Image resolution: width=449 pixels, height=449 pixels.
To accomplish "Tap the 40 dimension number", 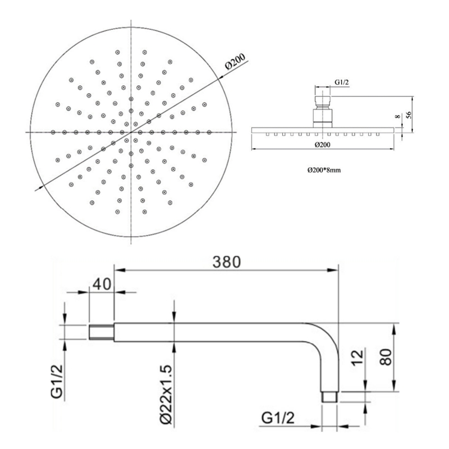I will pyautogui.click(x=102, y=285).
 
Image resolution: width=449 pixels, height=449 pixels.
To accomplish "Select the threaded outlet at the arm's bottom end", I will pyautogui.click(x=329, y=396).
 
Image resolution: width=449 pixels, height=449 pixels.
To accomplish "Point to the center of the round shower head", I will pyautogui.click(x=131, y=132).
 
